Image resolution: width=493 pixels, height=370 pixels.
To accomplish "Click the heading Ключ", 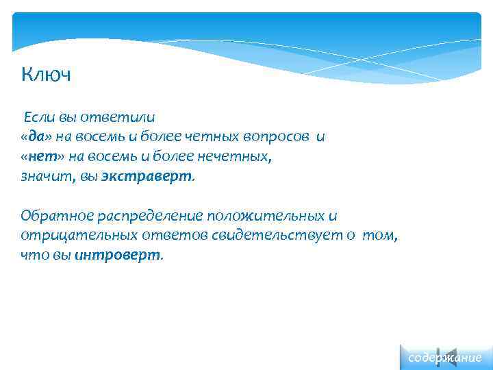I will pos(46,73).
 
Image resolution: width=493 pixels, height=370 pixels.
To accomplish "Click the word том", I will pos(379,236).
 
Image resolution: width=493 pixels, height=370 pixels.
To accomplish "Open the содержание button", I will pos(444,358).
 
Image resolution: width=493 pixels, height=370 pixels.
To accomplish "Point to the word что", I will pos(32,256).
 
